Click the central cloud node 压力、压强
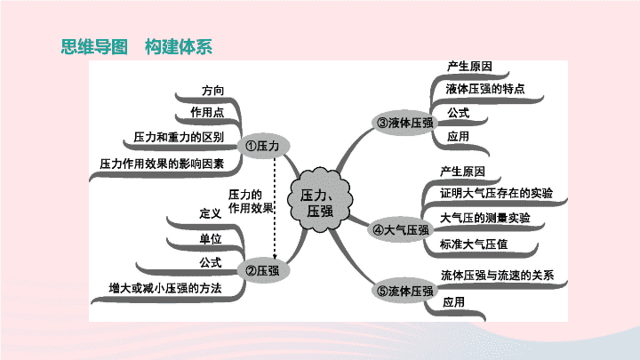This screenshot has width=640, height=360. [x=320, y=200]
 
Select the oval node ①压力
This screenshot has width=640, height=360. [x=263, y=146]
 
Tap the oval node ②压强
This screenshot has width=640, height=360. [x=263, y=270]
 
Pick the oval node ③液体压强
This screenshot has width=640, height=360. [x=404, y=123]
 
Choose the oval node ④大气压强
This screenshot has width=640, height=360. [x=402, y=230]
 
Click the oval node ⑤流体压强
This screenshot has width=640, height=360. [x=404, y=291]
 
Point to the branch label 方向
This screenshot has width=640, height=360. [x=213, y=90]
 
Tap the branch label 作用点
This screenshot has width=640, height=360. [x=207, y=112]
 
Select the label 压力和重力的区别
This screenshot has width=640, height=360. [x=179, y=137]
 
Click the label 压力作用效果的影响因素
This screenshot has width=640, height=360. [x=162, y=164]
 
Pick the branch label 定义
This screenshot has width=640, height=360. [x=211, y=213]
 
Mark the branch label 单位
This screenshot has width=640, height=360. [x=211, y=238]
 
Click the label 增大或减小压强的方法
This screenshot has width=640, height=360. [x=165, y=288]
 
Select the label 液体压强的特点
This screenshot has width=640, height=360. [x=485, y=89]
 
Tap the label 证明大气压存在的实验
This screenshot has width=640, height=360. [x=496, y=193]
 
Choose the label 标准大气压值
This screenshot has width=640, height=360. [x=474, y=244]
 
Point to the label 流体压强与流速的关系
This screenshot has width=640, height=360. [x=498, y=275]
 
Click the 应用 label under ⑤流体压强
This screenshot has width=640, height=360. [x=454, y=302]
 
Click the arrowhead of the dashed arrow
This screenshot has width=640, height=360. [x=275, y=256]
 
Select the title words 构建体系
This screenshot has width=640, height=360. [x=179, y=46]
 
